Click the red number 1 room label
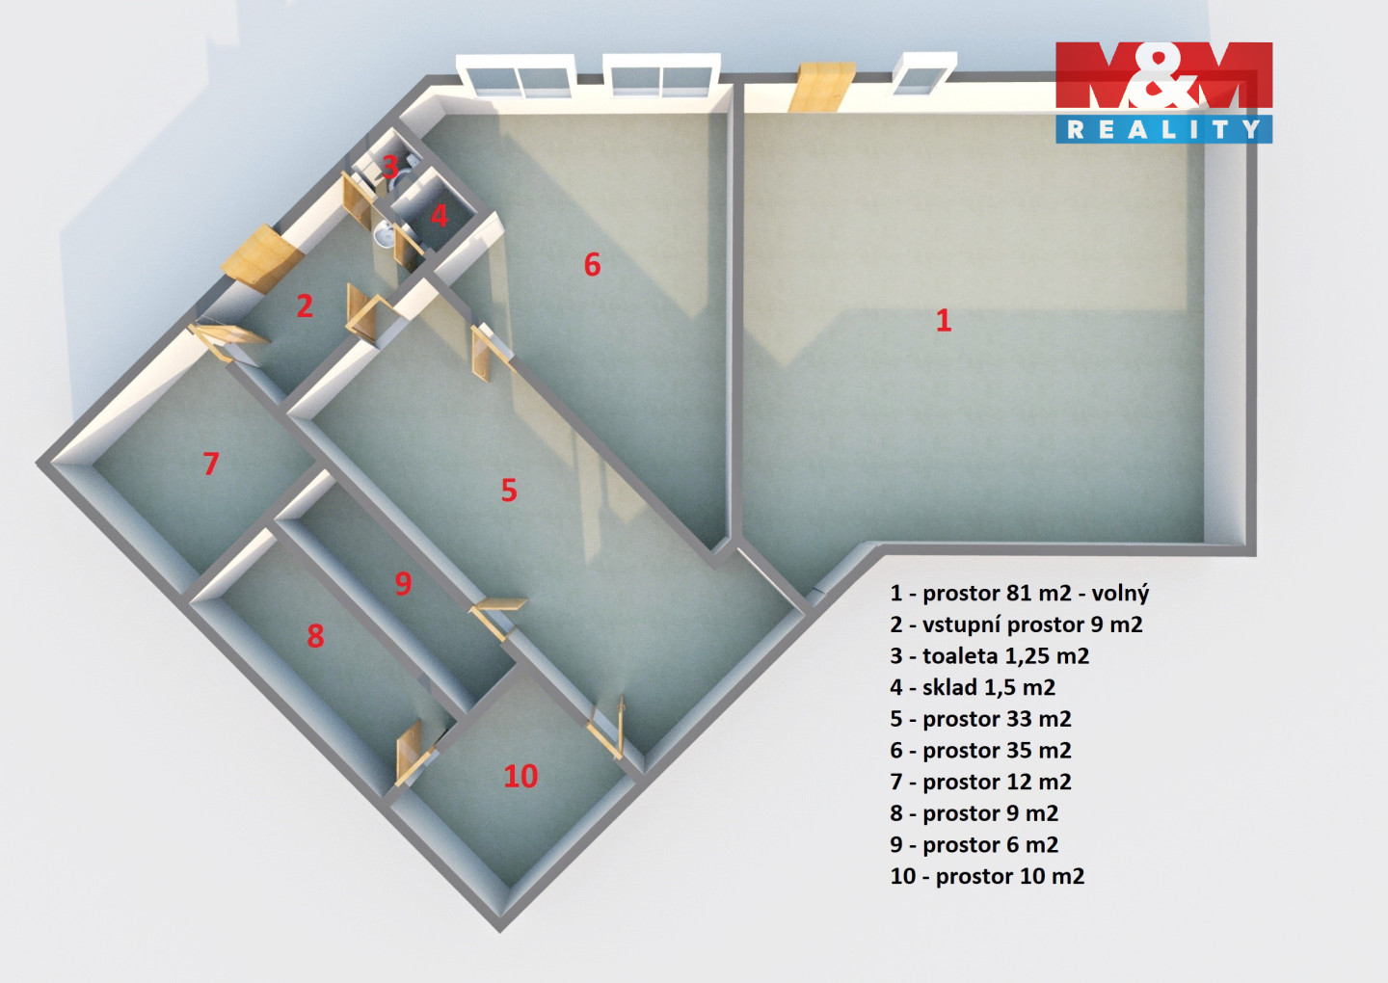coord(944,320)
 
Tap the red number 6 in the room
coord(592,264)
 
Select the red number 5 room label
coord(509,491)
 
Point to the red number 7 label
coord(211,464)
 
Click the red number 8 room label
coord(315,636)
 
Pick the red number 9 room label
coord(403,583)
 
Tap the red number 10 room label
coord(520,776)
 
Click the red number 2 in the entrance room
coord(305,306)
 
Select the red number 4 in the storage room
coord(440,214)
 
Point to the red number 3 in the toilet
coord(390,167)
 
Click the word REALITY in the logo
coord(1163,129)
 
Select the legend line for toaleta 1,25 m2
coord(990,656)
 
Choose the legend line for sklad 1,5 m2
coord(973,688)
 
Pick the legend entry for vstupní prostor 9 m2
coord(1016,624)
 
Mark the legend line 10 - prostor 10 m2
coord(987,877)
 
